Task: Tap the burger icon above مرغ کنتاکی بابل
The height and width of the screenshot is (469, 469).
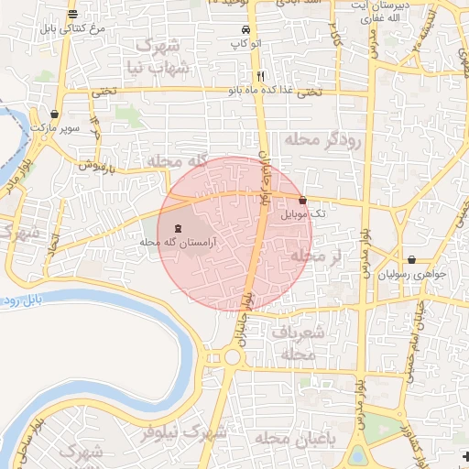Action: (x=72, y=14)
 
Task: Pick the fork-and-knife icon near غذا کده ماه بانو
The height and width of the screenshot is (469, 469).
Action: (x=261, y=76)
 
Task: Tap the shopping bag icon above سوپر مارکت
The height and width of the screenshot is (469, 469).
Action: (x=57, y=115)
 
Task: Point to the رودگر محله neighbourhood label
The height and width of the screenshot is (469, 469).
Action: (x=325, y=139)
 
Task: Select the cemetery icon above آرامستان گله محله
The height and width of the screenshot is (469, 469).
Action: (x=178, y=228)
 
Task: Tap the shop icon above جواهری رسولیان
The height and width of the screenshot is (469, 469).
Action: (x=412, y=259)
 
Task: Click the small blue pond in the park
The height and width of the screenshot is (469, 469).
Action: (x=358, y=455)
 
